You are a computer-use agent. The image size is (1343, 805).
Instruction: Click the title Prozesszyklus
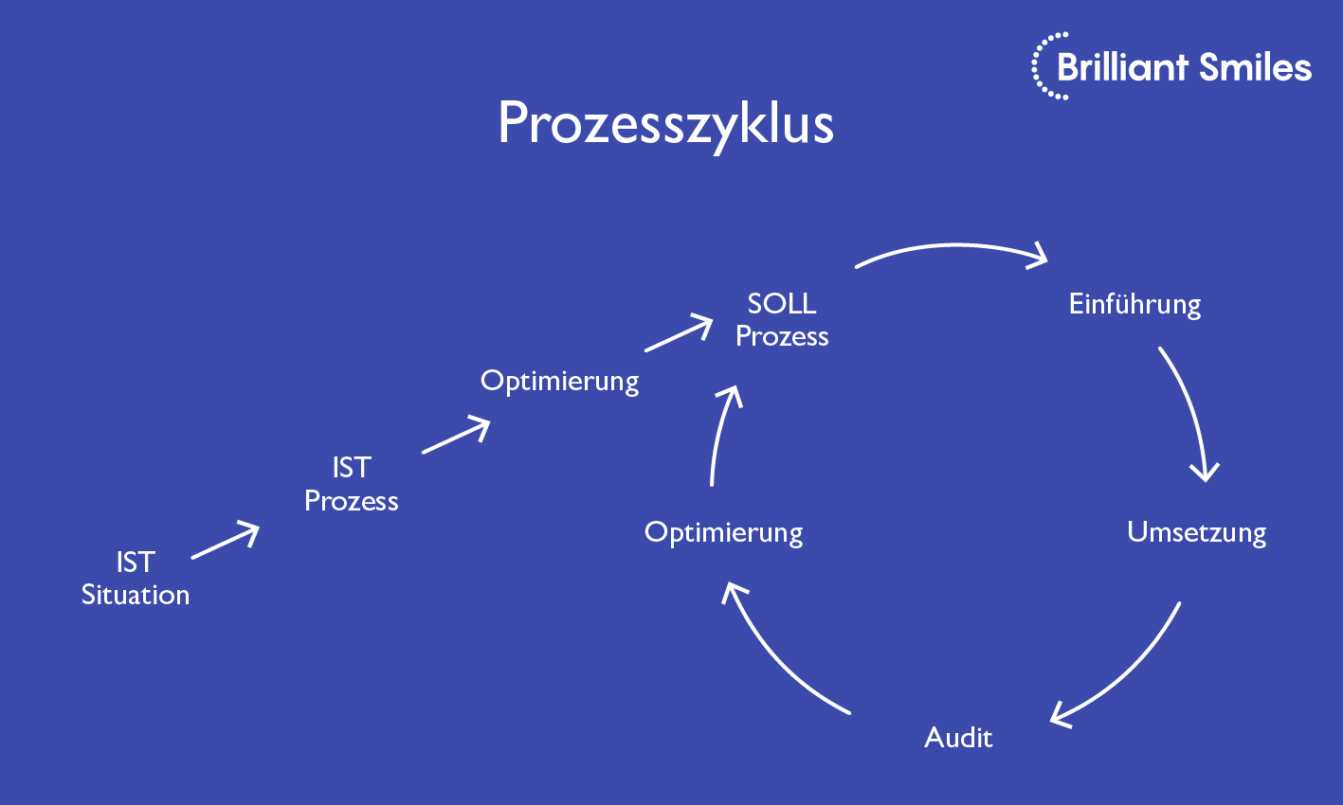pos(665,124)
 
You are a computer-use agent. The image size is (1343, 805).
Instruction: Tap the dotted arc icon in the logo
pos(1042,66)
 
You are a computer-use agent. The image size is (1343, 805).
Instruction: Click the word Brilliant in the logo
pos(1122,67)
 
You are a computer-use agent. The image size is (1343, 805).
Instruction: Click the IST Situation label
pos(136,578)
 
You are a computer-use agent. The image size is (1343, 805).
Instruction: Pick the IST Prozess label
pos(352,484)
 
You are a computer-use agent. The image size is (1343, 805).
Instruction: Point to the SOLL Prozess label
pos(782,319)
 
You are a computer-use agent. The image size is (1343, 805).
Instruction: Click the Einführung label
pos(1134,304)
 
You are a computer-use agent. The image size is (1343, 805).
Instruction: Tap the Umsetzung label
pos(1196,532)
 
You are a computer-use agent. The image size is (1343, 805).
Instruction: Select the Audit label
pos(958,737)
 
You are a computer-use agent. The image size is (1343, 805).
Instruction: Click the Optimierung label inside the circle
pos(723,532)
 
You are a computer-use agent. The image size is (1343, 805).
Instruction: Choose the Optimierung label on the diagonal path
pos(559,381)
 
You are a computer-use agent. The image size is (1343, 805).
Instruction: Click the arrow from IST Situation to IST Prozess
pos(226,541)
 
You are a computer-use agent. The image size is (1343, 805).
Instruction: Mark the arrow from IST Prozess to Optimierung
pos(456,436)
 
